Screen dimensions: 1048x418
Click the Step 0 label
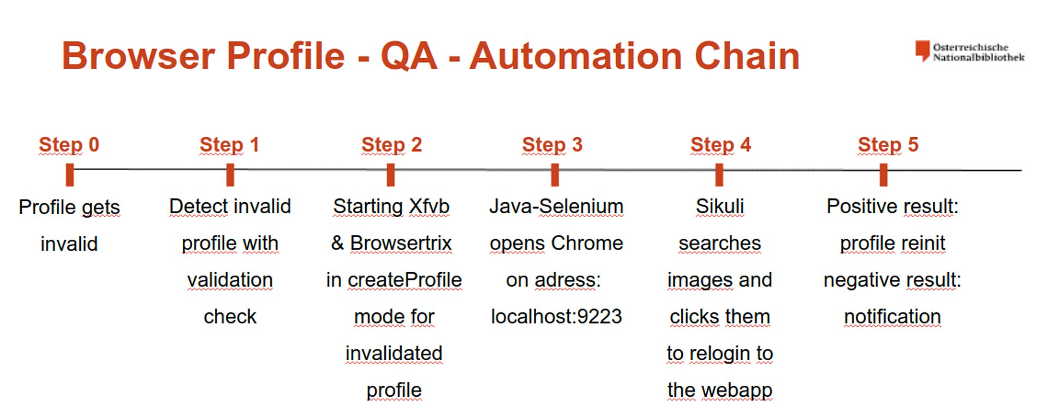click(69, 145)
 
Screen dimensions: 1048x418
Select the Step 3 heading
click(552, 145)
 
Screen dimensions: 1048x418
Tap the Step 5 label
click(888, 145)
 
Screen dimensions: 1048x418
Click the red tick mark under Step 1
click(230, 175)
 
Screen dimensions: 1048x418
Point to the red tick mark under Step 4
click(719, 175)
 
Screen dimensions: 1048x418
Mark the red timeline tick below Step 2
click(390, 175)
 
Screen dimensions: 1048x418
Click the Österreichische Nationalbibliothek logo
click(970, 52)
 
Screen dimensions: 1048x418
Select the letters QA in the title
click(409, 56)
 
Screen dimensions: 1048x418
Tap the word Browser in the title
click(139, 56)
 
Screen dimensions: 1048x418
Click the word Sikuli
click(720, 207)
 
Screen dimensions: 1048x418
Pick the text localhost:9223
click(556, 317)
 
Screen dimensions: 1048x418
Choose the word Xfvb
click(429, 207)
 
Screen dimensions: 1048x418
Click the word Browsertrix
click(401, 243)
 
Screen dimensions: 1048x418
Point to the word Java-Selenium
click(556, 207)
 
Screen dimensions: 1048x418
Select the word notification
click(892, 317)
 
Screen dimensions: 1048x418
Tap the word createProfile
click(405, 280)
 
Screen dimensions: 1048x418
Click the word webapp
click(737, 391)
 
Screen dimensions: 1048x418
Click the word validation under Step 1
click(230, 280)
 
